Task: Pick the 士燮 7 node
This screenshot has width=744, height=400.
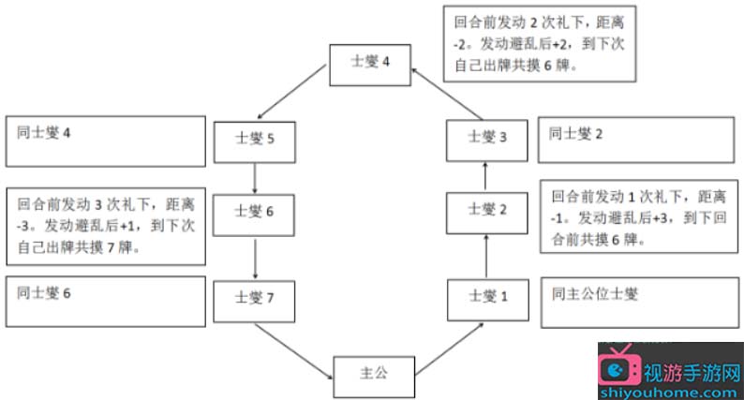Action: point(255,299)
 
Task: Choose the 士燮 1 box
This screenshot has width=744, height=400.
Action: point(487,297)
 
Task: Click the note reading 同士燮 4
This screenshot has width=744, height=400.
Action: point(104,141)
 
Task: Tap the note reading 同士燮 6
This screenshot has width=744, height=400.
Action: point(104,301)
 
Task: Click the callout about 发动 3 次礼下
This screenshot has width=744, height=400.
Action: point(104,224)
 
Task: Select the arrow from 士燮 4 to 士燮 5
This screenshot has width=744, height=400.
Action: point(294,95)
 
